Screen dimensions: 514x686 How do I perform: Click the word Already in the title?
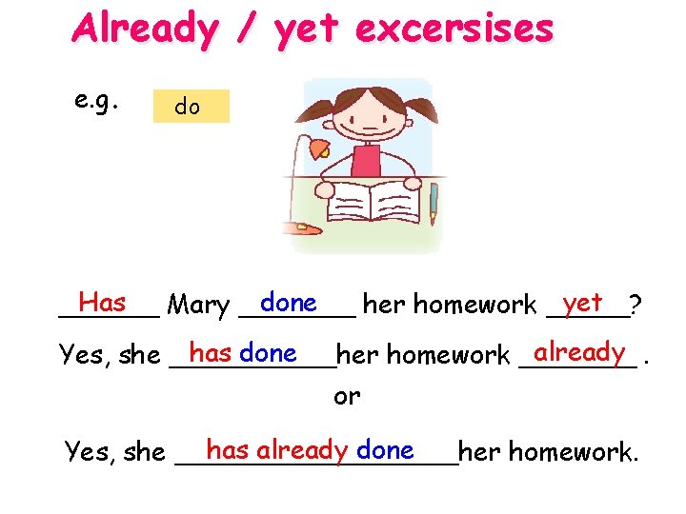pos(144,30)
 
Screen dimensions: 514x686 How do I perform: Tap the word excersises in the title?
pos(454,30)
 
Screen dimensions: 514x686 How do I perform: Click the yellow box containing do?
pos(192,107)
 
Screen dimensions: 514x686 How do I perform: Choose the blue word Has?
pos(103,303)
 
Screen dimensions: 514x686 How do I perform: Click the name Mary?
pos(197,306)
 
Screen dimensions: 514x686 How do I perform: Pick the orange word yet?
pos(582,303)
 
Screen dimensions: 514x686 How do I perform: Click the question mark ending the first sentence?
pos(636,306)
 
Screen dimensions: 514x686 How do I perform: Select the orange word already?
pos(579,352)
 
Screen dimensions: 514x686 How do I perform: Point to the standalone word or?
pos(347,396)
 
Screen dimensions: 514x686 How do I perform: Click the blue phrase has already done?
pos(310,449)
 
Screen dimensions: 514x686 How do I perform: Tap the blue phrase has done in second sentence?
pos(243,353)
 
